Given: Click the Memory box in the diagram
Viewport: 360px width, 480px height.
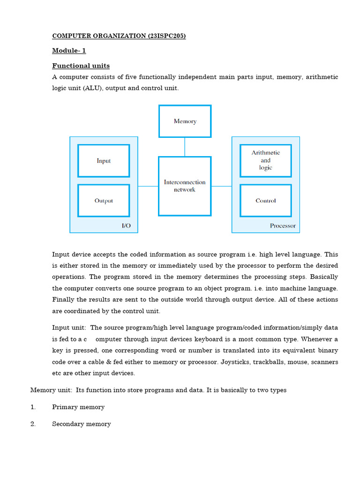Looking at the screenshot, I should click(x=185, y=121).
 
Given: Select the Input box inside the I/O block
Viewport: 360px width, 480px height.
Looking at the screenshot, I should click(x=104, y=161).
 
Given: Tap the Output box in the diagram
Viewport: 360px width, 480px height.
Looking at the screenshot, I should click(x=104, y=201).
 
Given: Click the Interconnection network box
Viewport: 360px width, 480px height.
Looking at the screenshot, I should click(x=185, y=186).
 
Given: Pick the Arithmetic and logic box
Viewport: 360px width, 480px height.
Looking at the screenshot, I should click(x=265, y=160).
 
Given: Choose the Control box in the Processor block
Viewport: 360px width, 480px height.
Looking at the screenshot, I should click(x=265, y=201).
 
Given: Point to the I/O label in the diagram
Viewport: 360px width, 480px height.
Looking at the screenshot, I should click(x=126, y=225).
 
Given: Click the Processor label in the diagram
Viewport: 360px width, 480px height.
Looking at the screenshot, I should click(x=283, y=225).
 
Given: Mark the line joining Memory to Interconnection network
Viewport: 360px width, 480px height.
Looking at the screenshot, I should click(x=185, y=147).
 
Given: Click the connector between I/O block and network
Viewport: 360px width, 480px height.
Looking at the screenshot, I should click(x=148, y=186).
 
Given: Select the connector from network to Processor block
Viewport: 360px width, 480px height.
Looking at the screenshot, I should click(x=221, y=186).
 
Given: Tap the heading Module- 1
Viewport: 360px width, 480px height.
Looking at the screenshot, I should click(x=69, y=51).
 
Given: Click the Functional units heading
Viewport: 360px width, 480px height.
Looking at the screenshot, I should click(x=81, y=66).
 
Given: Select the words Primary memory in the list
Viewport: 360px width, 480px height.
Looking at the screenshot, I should click(x=78, y=407).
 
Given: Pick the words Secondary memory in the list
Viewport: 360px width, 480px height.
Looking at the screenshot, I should click(x=82, y=424).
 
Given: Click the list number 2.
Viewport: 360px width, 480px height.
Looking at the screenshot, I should click(x=33, y=424).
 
